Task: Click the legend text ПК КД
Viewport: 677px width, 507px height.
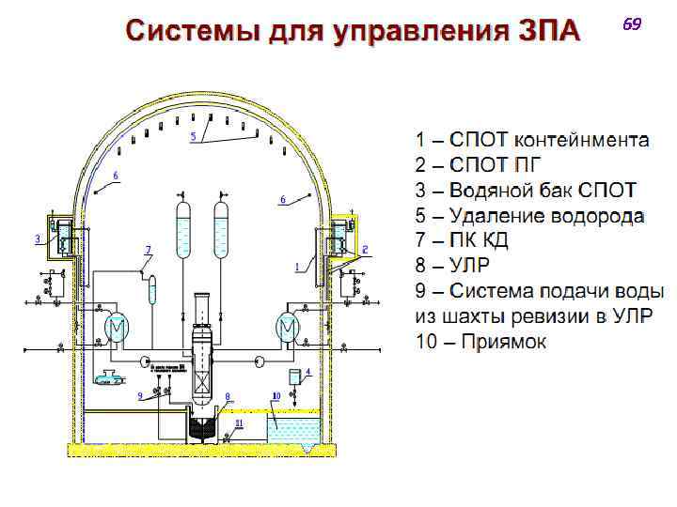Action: pos(480,242)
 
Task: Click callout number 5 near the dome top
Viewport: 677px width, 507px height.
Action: pos(193,136)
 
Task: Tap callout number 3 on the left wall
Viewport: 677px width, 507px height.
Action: pos(38,238)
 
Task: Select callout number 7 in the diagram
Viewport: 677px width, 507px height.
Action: pos(148,249)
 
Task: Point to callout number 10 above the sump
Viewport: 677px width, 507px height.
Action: pos(276,396)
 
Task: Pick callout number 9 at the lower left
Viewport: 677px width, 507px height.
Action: pos(140,395)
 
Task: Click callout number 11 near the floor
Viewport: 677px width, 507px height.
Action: pos(239,423)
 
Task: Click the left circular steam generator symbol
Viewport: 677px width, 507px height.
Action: pos(116,328)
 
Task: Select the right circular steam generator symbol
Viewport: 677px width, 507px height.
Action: pos(285,328)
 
